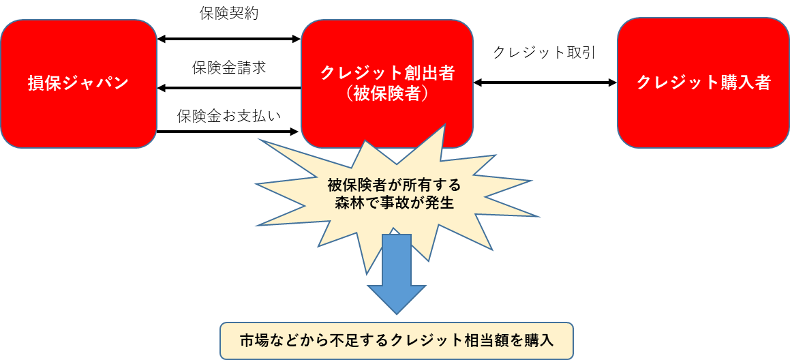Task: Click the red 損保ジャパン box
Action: tap(78, 83)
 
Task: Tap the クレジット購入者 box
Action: tap(703, 83)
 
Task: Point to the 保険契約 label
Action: tap(228, 14)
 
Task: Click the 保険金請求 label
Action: tap(228, 68)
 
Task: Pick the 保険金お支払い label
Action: tap(228, 116)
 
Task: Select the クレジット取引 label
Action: tap(544, 52)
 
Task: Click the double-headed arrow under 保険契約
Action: tap(228, 39)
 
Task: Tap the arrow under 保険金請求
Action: tap(228, 88)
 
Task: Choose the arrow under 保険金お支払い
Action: tap(228, 131)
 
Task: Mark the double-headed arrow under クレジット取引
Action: tap(545, 82)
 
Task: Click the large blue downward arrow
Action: tap(396, 273)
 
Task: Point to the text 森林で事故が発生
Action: tap(394, 202)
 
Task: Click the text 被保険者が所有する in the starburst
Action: tap(394, 185)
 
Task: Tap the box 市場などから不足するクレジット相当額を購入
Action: tap(396, 341)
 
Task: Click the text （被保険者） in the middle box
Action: tap(387, 93)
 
